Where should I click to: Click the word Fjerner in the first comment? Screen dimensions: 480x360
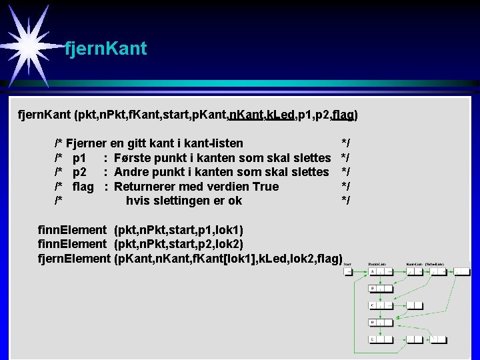tap(86, 143)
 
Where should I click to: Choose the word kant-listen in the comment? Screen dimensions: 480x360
tap(209, 143)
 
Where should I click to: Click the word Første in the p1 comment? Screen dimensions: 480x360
tap(133, 157)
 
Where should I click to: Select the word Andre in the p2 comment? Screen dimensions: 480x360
tap(132, 172)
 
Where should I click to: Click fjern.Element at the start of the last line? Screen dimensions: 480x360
tap(74, 258)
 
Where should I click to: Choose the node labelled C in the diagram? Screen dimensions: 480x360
tap(374, 306)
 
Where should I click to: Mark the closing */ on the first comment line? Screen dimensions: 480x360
tap(345, 143)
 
